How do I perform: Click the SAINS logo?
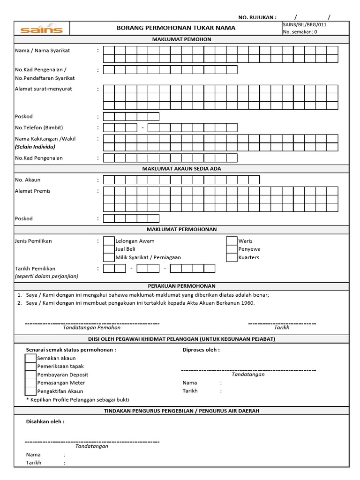click(x=41, y=30)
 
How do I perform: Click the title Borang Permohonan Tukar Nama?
click(x=176, y=28)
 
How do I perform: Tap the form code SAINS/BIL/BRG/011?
click(x=304, y=24)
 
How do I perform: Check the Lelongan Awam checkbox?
click(x=109, y=241)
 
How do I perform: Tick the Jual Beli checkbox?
click(x=109, y=249)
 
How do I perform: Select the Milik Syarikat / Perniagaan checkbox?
click(x=109, y=257)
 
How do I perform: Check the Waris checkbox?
click(x=232, y=241)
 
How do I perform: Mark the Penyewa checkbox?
click(x=232, y=249)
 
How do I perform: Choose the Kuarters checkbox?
click(x=232, y=257)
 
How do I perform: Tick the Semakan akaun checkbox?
click(x=30, y=358)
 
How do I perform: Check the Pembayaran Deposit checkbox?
click(x=30, y=375)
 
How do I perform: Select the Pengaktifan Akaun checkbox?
click(x=30, y=391)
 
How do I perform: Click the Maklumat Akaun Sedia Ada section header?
click(x=181, y=169)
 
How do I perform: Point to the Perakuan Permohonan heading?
click(x=181, y=286)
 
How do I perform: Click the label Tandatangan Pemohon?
click(x=92, y=328)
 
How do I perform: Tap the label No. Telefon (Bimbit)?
click(x=39, y=127)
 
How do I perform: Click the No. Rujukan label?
click(x=257, y=17)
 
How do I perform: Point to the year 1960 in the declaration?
click(x=247, y=303)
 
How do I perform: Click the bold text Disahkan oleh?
click(x=45, y=421)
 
